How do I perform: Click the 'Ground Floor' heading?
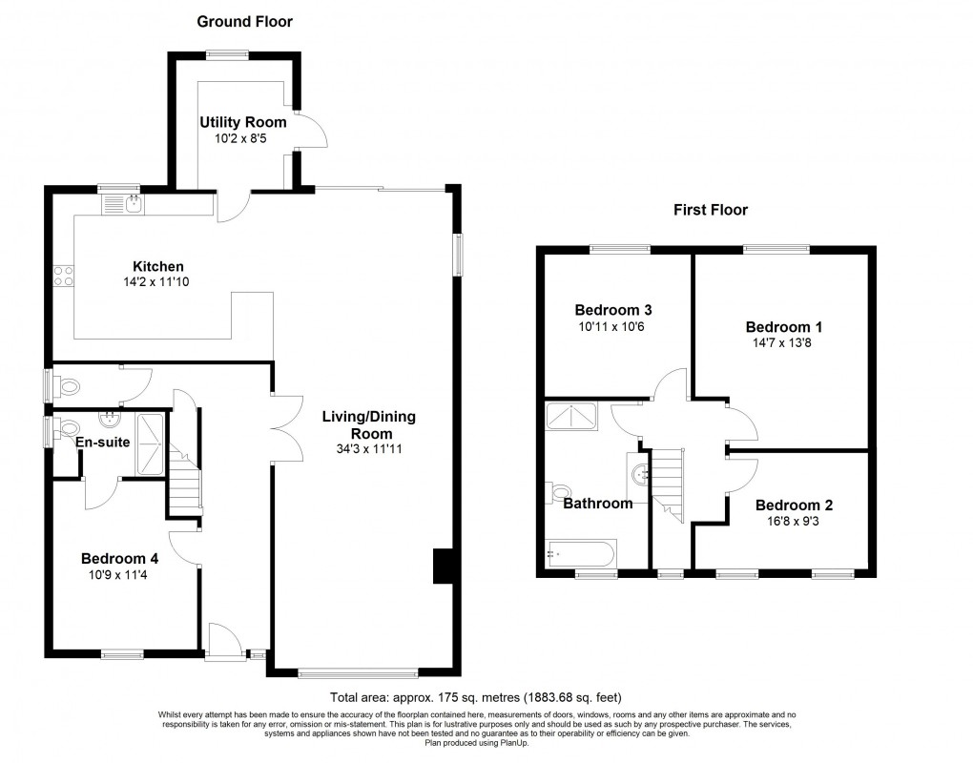click(x=244, y=21)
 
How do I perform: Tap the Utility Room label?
click(x=241, y=122)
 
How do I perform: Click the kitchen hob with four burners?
click(x=65, y=276)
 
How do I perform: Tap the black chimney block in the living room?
click(x=441, y=566)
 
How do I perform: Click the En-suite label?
click(x=105, y=442)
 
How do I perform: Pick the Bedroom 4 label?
click(x=119, y=559)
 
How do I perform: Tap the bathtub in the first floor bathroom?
click(x=581, y=554)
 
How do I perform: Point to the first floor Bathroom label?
click(x=597, y=504)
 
